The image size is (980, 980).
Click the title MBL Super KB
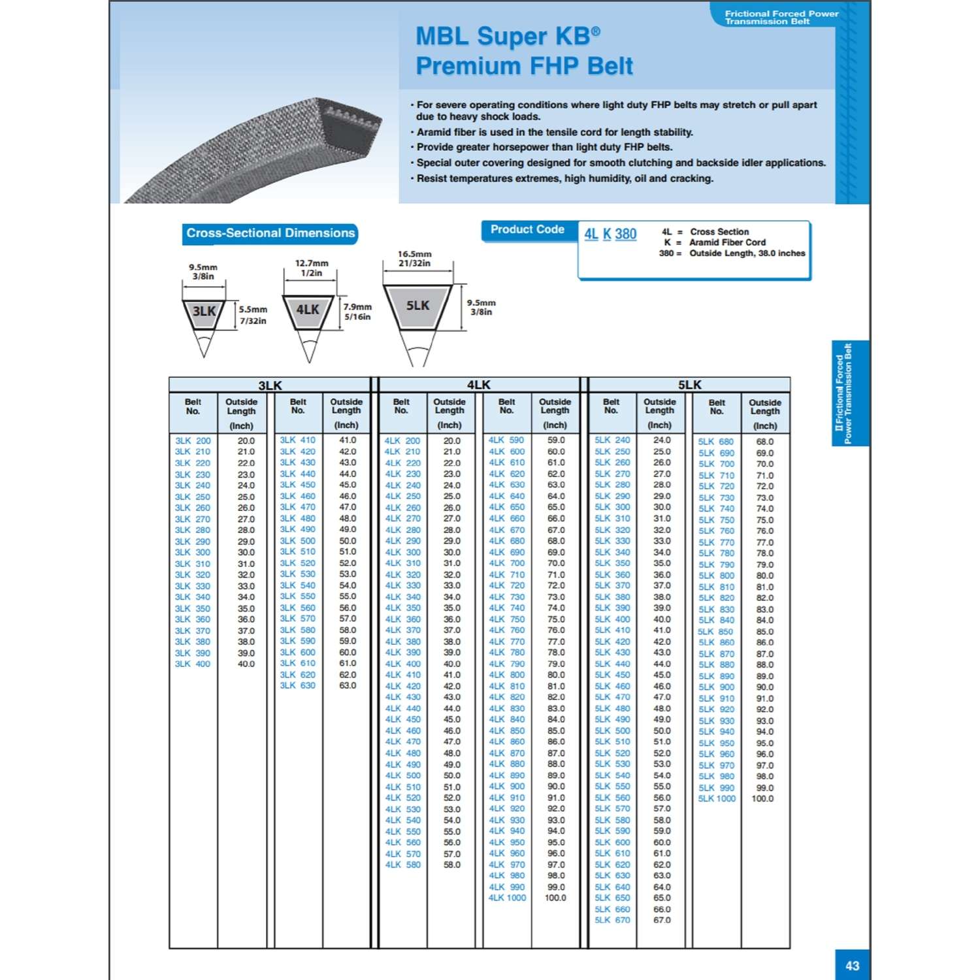508,37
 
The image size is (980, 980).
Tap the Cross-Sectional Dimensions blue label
270,233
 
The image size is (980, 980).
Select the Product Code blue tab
527,229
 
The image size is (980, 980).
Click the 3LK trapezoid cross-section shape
204,312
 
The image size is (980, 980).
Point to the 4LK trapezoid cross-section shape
308,310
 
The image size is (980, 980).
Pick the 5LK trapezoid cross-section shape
418,306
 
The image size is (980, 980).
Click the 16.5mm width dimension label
415,254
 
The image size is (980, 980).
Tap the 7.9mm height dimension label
357,306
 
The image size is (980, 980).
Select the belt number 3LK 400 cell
193,664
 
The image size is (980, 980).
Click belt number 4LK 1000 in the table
507,898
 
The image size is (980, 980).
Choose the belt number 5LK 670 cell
612,920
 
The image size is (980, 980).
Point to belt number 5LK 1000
717,798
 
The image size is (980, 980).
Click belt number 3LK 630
298,685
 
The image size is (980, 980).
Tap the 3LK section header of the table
270,385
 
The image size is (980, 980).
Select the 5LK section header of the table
689,385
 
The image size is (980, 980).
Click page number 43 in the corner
852,966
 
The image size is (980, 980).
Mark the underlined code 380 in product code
625,234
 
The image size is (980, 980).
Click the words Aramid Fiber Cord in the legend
727,242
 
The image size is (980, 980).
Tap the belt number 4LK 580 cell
403,864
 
